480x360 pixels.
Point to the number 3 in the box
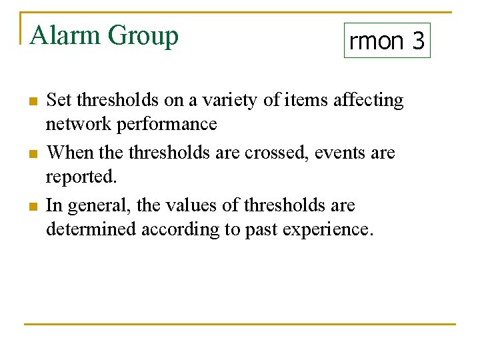(418, 41)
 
